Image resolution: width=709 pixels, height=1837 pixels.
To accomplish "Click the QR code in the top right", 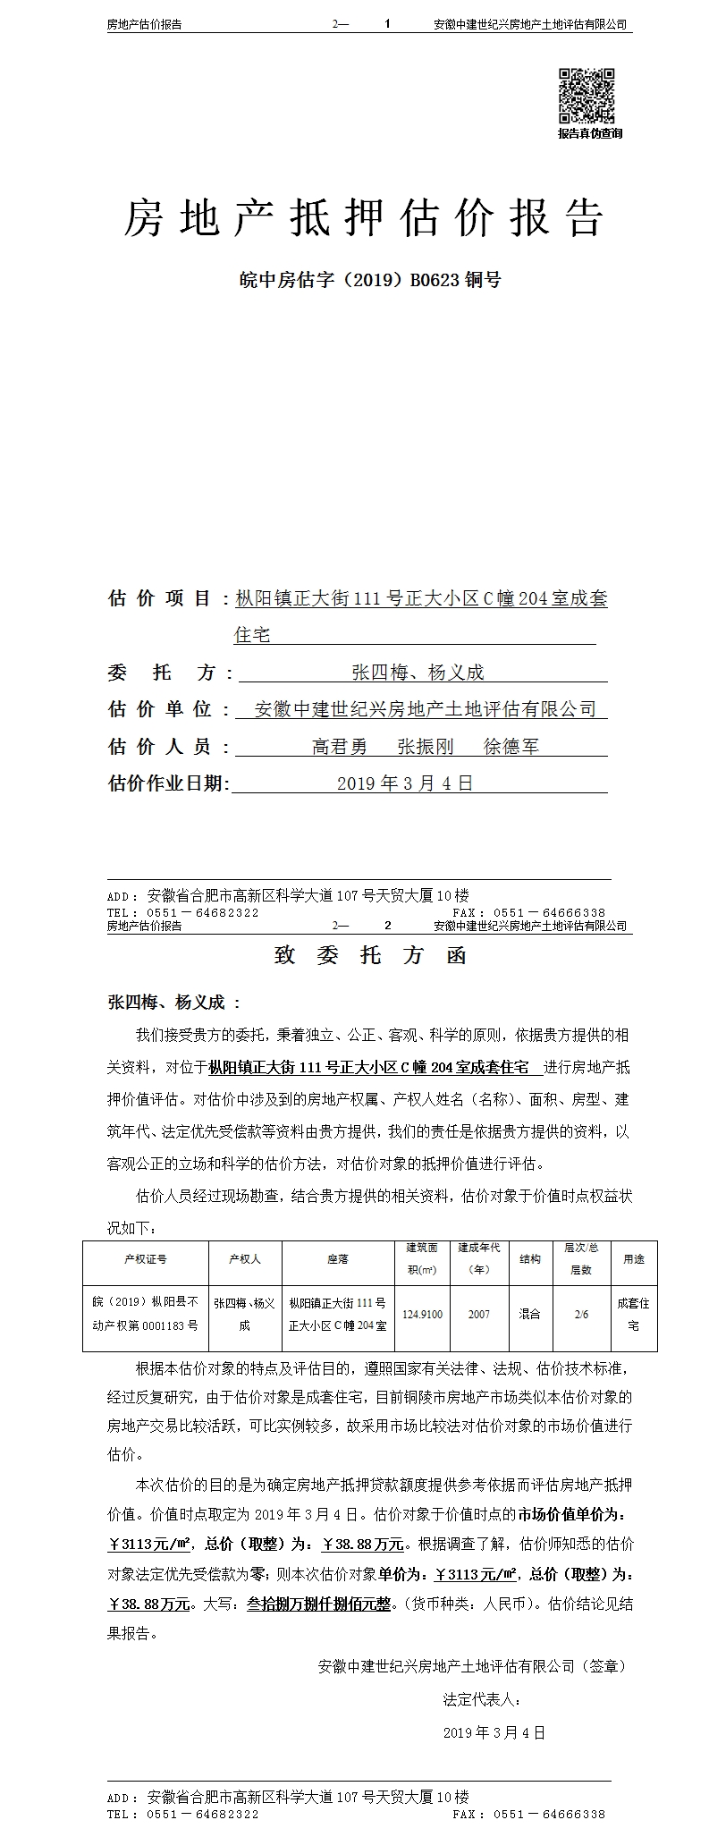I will click(587, 96).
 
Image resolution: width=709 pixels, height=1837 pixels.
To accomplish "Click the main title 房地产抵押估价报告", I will click(364, 217).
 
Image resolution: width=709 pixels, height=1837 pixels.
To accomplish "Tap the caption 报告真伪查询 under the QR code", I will click(589, 133).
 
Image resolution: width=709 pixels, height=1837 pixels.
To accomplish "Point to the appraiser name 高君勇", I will click(340, 746).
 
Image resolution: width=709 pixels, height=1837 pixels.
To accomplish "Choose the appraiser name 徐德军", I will click(511, 746).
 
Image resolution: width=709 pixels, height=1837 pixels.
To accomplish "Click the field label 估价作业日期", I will click(168, 783).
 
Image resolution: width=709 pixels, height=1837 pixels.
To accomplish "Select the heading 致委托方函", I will click(371, 956).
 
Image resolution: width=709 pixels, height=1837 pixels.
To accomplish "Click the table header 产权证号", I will click(146, 1258).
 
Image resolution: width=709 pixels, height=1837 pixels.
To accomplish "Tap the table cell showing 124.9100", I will click(422, 1315).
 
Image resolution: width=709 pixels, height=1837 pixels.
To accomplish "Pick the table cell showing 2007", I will click(478, 1315).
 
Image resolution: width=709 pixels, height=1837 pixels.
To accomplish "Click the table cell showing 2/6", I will click(581, 1315).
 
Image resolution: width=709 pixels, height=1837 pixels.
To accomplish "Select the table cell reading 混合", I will click(530, 1315).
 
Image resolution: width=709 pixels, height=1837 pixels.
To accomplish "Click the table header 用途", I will click(634, 1258).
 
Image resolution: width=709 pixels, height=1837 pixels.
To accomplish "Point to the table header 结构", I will click(530, 1258).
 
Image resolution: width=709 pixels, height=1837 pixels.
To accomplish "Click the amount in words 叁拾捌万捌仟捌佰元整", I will click(318, 1604).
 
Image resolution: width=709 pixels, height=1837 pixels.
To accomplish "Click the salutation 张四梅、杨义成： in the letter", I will click(173, 1003).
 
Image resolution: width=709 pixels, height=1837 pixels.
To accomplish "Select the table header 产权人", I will click(245, 1258).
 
